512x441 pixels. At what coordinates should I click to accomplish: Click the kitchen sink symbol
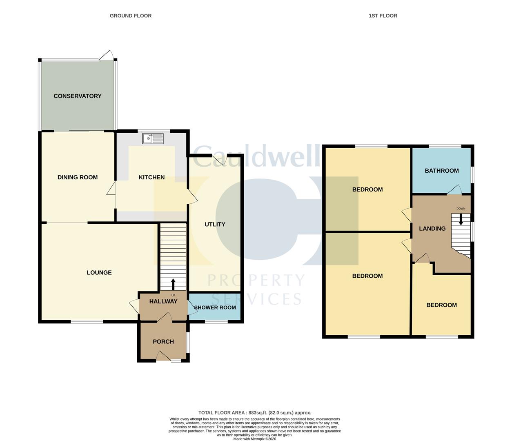[153, 138]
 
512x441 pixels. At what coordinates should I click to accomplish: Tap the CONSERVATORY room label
[78, 96]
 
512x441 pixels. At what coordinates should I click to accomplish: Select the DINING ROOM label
[78, 177]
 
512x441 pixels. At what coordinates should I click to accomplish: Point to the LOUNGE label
[99, 272]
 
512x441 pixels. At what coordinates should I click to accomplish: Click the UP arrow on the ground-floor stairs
[173, 285]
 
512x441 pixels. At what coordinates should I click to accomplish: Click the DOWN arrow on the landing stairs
[461, 219]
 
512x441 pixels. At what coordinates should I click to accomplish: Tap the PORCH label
[163, 342]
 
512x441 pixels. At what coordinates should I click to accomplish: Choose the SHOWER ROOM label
[215, 307]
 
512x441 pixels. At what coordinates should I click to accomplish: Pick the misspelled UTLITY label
[215, 224]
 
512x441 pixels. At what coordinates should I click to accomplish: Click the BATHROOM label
[442, 170]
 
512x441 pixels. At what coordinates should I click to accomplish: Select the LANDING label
[432, 228]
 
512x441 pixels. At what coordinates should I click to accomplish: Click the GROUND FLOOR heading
[131, 16]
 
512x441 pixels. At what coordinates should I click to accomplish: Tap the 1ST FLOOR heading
[383, 16]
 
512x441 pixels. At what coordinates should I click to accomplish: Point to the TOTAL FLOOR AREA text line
[255, 413]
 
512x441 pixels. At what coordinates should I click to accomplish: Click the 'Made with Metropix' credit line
[255, 439]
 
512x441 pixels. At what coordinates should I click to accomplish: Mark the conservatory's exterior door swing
[107, 55]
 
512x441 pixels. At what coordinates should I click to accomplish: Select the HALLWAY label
[163, 301]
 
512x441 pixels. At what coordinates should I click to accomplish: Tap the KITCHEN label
[151, 177]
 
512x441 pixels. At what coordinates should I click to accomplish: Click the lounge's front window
[87, 322]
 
